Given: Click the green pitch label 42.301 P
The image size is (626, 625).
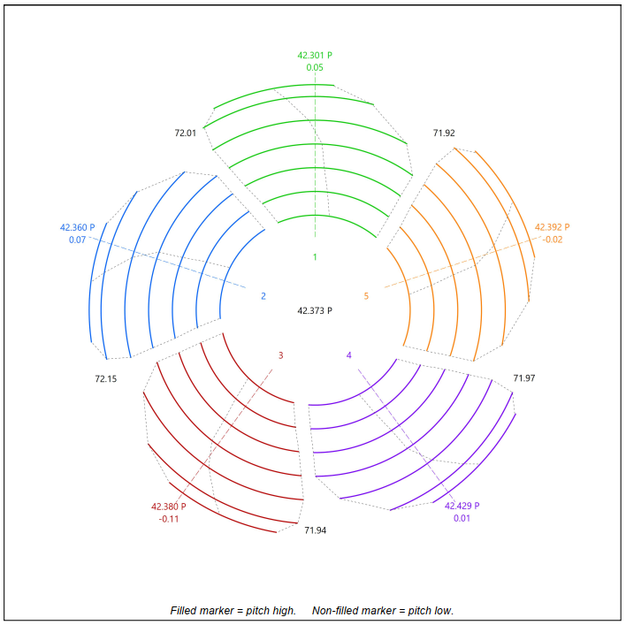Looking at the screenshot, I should click(315, 55).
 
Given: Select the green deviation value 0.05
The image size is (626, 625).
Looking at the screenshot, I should click(315, 67).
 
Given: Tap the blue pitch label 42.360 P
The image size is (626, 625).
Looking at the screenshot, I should click(77, 227).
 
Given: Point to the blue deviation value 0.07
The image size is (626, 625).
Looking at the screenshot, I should click(77, 240).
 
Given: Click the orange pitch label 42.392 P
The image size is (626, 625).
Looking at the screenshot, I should click(552, 227).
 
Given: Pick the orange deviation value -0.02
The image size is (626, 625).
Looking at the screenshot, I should click(552, 240).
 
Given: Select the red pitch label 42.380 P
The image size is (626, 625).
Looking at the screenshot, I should click(169, 507).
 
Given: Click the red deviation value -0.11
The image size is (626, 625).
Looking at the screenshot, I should click(169, 519).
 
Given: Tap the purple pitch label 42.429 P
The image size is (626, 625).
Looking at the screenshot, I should click(462, 506).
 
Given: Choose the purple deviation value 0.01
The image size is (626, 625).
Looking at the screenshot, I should click(462, 518).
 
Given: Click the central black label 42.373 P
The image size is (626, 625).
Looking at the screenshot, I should click(315, 310).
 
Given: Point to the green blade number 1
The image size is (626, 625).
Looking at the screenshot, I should click(315, 257).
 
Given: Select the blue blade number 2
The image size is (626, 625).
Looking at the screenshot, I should click(263, 296).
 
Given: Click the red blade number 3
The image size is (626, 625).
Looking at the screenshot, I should click(281, 355).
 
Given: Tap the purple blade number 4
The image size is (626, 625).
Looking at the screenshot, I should click(348, 355).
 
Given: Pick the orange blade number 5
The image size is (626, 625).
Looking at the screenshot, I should click(366, 296).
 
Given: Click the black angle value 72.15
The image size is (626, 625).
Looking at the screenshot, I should click(106, 378).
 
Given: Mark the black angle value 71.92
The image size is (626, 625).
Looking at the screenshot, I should click(444, 133).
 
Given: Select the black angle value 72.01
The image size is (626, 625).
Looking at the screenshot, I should click(185, 133).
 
